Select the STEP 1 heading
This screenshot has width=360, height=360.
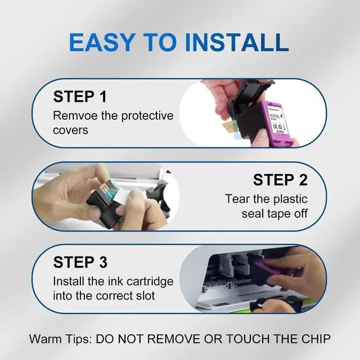(80, 97)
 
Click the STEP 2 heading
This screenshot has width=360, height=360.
(280, 180)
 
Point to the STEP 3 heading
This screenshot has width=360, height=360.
(80, 262)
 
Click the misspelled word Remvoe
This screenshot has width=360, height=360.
(75, 115)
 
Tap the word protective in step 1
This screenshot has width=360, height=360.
(147, 116)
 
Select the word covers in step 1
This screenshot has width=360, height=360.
(70, 130)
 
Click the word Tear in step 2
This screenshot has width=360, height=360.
(237, 199)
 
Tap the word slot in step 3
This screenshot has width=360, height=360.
(145, 296)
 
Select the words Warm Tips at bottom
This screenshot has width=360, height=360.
(60, 339)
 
